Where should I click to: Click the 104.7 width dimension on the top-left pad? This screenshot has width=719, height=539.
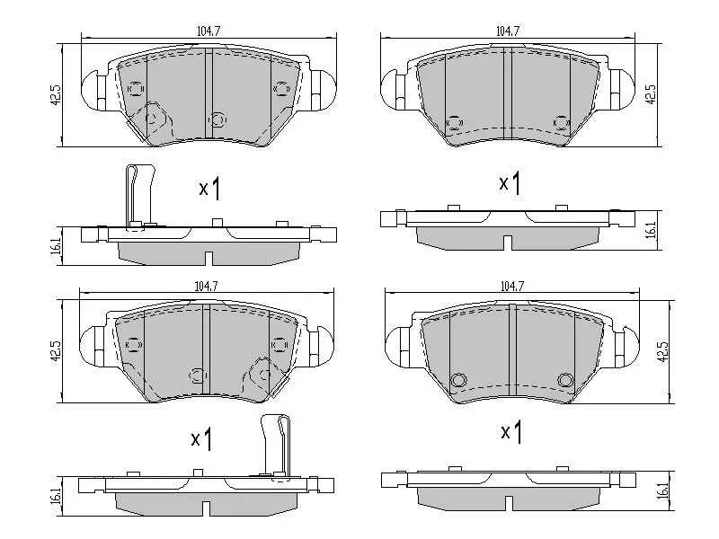click(x=209, y=31)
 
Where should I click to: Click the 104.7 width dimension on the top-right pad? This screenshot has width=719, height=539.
click(x=508, y=31)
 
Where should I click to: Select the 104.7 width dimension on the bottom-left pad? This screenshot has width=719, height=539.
click(x=207, y=286)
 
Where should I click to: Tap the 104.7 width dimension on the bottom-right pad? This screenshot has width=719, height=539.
click(x=511, y=286)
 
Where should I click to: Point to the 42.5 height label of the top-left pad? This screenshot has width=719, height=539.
click(x=56, y=95)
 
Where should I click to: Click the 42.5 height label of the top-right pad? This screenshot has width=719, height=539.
click(x=651, y=95)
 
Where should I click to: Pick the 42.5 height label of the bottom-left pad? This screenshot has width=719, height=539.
click(x=56, y=350)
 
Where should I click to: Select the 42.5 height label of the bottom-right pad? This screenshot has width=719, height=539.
click(x=663, y=351)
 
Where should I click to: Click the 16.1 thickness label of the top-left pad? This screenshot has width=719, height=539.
click(x=57, y=246)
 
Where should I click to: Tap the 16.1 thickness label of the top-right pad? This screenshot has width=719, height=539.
click(x=651, y=231)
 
